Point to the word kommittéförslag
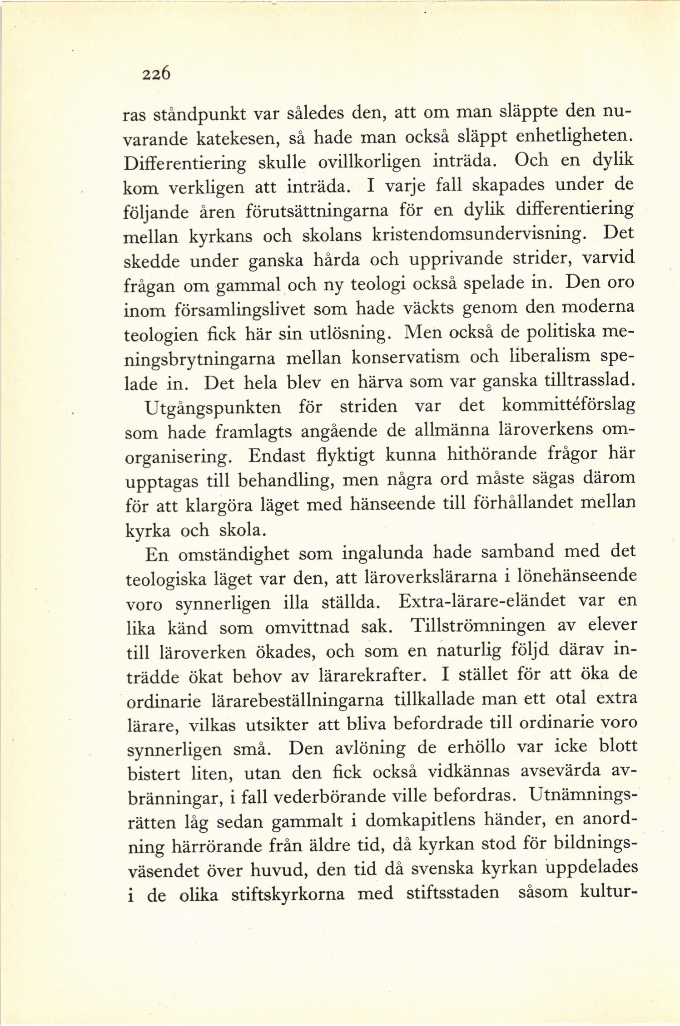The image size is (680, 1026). tap(568, 405)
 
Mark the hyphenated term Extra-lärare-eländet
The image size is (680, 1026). tap(482, 602)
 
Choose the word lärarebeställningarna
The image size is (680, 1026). tap(298, 701)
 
